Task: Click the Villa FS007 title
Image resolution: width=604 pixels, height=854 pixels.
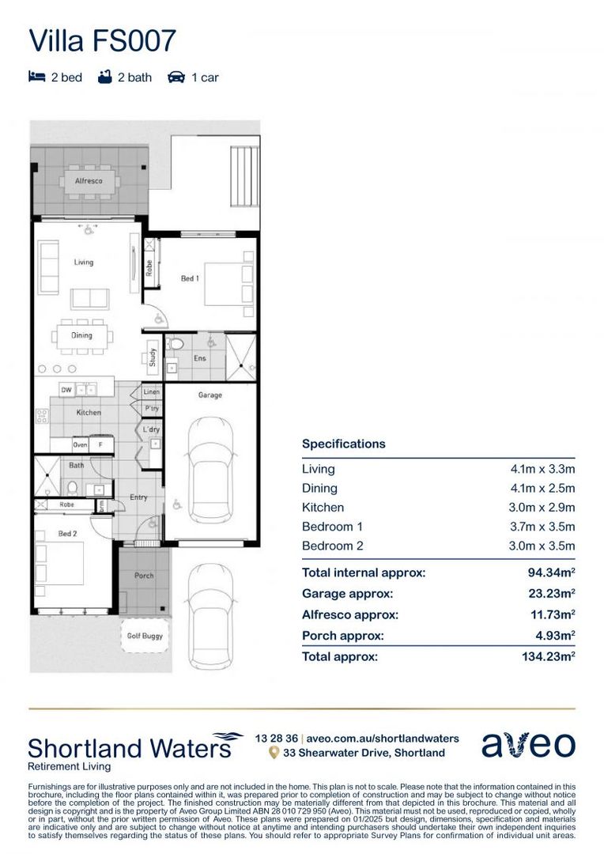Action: pyautogui.click(x=102, y=40)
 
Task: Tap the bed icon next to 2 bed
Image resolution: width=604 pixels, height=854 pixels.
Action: pyautogui.click(x=36, y=77)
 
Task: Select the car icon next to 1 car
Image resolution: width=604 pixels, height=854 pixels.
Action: pyautogui.click(x=176, y=77)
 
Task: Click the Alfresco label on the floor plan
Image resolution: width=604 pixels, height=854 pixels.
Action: pyautogui.click(x=89, y=181)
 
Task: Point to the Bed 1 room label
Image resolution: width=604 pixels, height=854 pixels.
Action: pyautogui.click(x=190, y=278)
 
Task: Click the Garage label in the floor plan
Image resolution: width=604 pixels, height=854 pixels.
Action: pyautogui.click(x=210, y=395)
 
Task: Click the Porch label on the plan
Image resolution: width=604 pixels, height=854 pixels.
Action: pyautogui.click(x=144, y=575)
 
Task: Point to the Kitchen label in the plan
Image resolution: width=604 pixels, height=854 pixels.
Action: pyautogui.click(x=89, y=412)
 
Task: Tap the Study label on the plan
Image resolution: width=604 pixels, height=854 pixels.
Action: pyautogui.click(x=152, y=358)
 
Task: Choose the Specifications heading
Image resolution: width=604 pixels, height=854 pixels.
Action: pyautogui.click(x=344, y=444)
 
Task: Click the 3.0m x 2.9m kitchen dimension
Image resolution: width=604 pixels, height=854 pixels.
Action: pyautogui.click(x=542, y=508)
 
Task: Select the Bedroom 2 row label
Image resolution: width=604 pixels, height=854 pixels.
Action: pyautogui.click(x=333, y=546)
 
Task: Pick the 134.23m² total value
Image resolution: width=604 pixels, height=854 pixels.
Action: pyautogui.click(x=551, y=656)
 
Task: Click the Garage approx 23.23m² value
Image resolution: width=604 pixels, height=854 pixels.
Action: pyautogui.click(x=551, y=594)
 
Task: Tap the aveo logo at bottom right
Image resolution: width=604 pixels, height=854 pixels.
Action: pyautogui.click(x=528, y=745)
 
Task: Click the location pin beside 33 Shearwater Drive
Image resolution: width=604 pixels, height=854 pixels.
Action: pyautogui.click(x=274, y=753)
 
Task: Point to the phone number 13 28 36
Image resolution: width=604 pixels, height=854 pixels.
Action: pyautogui.click(x=277, y=737)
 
